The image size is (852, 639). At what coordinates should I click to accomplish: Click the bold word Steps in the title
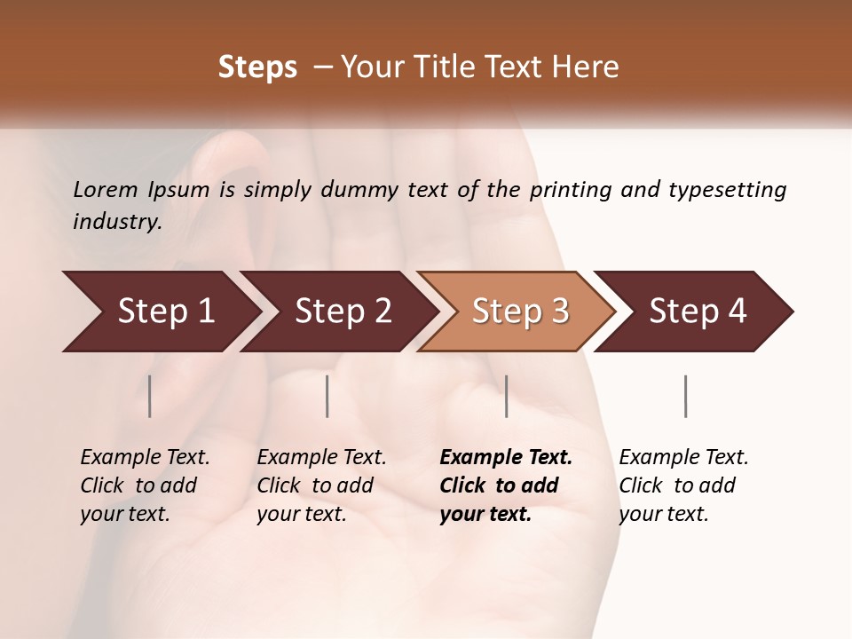click(257, 67)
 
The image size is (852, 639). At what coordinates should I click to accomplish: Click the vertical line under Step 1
click(150, 396)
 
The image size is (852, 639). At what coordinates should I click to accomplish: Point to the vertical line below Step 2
click(327, 396)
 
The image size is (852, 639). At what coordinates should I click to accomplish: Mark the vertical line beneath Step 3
click(506, 396)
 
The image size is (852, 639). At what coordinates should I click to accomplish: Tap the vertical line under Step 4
click(685, 396)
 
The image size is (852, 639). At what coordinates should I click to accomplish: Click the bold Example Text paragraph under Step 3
click(505, 485)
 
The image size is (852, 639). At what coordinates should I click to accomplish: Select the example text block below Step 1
click(145, 485)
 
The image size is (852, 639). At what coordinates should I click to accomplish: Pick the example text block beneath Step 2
click(321, 485)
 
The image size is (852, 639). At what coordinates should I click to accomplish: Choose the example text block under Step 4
click(683, 485)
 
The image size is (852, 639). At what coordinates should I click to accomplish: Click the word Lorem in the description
click(106, 189)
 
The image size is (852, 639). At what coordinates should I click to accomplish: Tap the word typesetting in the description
click(727, 190)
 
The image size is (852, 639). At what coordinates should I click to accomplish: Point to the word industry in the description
click(117, 222)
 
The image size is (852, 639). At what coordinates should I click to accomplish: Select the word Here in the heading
click(589, 67)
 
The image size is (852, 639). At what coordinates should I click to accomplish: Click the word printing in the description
click(571, 190)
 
